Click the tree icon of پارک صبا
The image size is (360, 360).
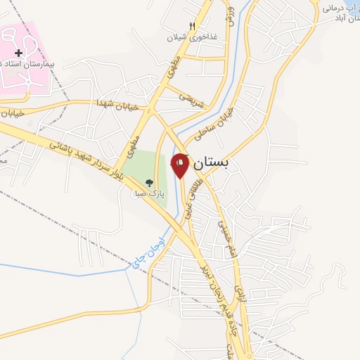point(148,184)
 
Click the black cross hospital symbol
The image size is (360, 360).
point(18,53)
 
